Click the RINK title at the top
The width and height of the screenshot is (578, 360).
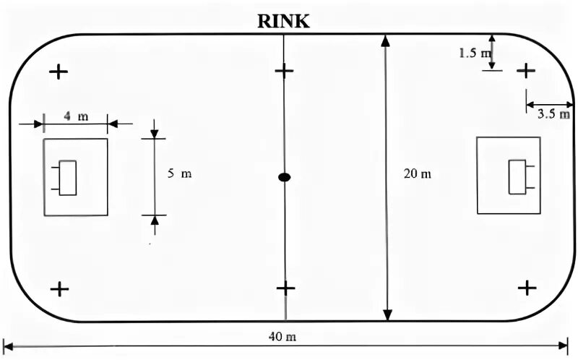(x=283, y=22)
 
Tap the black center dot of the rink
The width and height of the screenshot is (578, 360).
(x=285, y=177)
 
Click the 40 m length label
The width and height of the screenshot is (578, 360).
(x=283, y=337)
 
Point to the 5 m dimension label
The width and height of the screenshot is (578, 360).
(x=180, y=173)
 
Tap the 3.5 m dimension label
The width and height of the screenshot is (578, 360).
(x=554, y=113)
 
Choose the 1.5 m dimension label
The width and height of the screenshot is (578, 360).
(x=475, y=53)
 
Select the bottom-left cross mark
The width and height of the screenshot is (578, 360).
(x=59, y=289)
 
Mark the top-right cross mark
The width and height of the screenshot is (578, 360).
(x=527, y=70)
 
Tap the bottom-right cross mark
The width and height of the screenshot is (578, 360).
(x=527, y=288)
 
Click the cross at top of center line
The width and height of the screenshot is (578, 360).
(x=285, y=71)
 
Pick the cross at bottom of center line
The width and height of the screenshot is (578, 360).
(x=286, y=288)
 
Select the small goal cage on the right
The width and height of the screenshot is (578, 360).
(x=518, y=176)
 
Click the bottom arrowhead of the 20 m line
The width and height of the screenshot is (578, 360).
(x=388, y=314)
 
